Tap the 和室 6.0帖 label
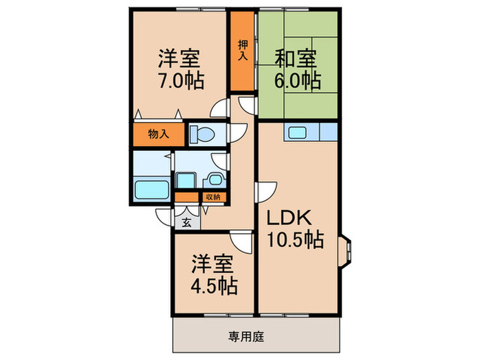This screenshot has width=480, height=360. coord(297,69)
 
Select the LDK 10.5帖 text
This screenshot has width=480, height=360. coord(296,228)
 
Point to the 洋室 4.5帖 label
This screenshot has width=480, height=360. coord(214,274)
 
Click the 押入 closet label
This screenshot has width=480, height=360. coord(243,50)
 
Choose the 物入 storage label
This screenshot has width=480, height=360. coord(158,134)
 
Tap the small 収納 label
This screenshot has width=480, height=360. coord(213,197)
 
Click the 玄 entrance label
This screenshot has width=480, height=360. coord(187,223)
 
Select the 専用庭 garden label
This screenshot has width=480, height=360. coord(245,337)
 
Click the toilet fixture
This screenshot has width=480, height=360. coord(202,134)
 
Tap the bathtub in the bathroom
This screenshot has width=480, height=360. coord(152,190)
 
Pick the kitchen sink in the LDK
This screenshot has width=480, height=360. coord(297,132)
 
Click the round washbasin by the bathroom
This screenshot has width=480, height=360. coord(215,180)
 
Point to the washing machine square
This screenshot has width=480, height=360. coord(186,180)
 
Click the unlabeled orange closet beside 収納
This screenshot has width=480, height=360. coord(187,197)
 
